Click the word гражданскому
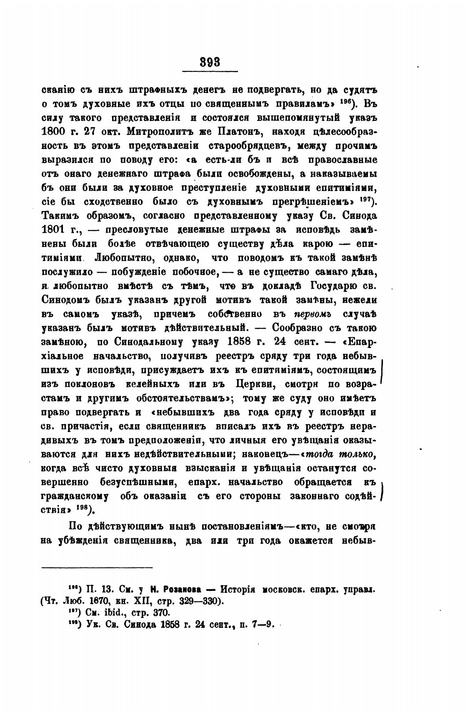[76, 497]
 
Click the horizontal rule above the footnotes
[97, 568]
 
